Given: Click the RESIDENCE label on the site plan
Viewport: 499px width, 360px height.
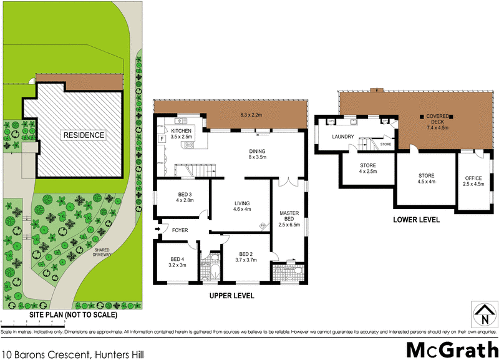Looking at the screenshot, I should tap(83, 135).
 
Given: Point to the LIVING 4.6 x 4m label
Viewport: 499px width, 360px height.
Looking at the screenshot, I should tap(241, 207).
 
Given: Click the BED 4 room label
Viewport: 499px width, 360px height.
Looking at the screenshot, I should tap(178, 261).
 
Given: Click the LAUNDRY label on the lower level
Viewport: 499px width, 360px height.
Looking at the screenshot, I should tap(343, 137).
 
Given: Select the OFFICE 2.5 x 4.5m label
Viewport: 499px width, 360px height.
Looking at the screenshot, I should tap(473, 181).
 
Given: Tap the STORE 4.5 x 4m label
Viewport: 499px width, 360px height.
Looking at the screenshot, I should tap(426, 179).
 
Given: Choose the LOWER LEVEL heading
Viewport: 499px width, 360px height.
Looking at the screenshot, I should tap(416, 220).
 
